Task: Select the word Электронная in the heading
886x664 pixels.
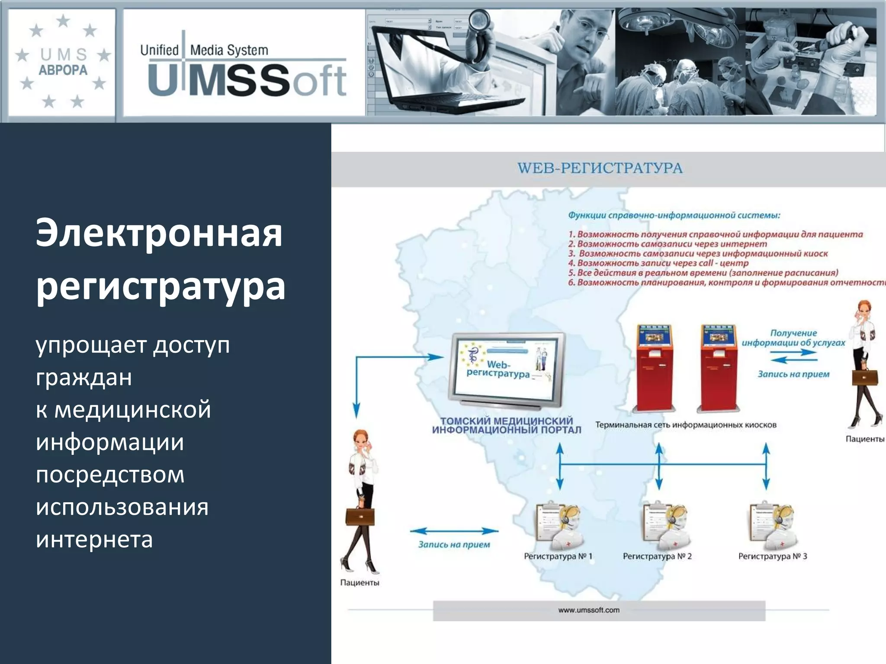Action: pyautogui.click(x=159, y=233)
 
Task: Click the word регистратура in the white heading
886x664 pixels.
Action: pyautogui.click(x=161, y=286)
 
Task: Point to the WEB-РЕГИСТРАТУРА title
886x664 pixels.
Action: pyautogui.click(x=600, y=168)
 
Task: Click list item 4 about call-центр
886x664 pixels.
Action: pyautogui.click(x=658, y=263)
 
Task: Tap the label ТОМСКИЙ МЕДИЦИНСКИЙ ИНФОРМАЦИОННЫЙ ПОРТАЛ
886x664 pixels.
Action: pyautogui.click(x=506, y=425)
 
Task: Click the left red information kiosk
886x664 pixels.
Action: pyautogui.click(x=654, y=367)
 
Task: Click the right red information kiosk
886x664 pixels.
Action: pyautogui.click(x=718, y=367)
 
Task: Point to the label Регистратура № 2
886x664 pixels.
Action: pyautogui.click(x=657, y=556)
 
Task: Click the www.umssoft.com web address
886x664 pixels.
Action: pyautogui.click(x=588, y=610)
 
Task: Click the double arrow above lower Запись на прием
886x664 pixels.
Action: pyautogui.click(x=454, y=531)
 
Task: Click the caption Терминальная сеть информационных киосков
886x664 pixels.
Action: pyautogui.click(x=686, y=425)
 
